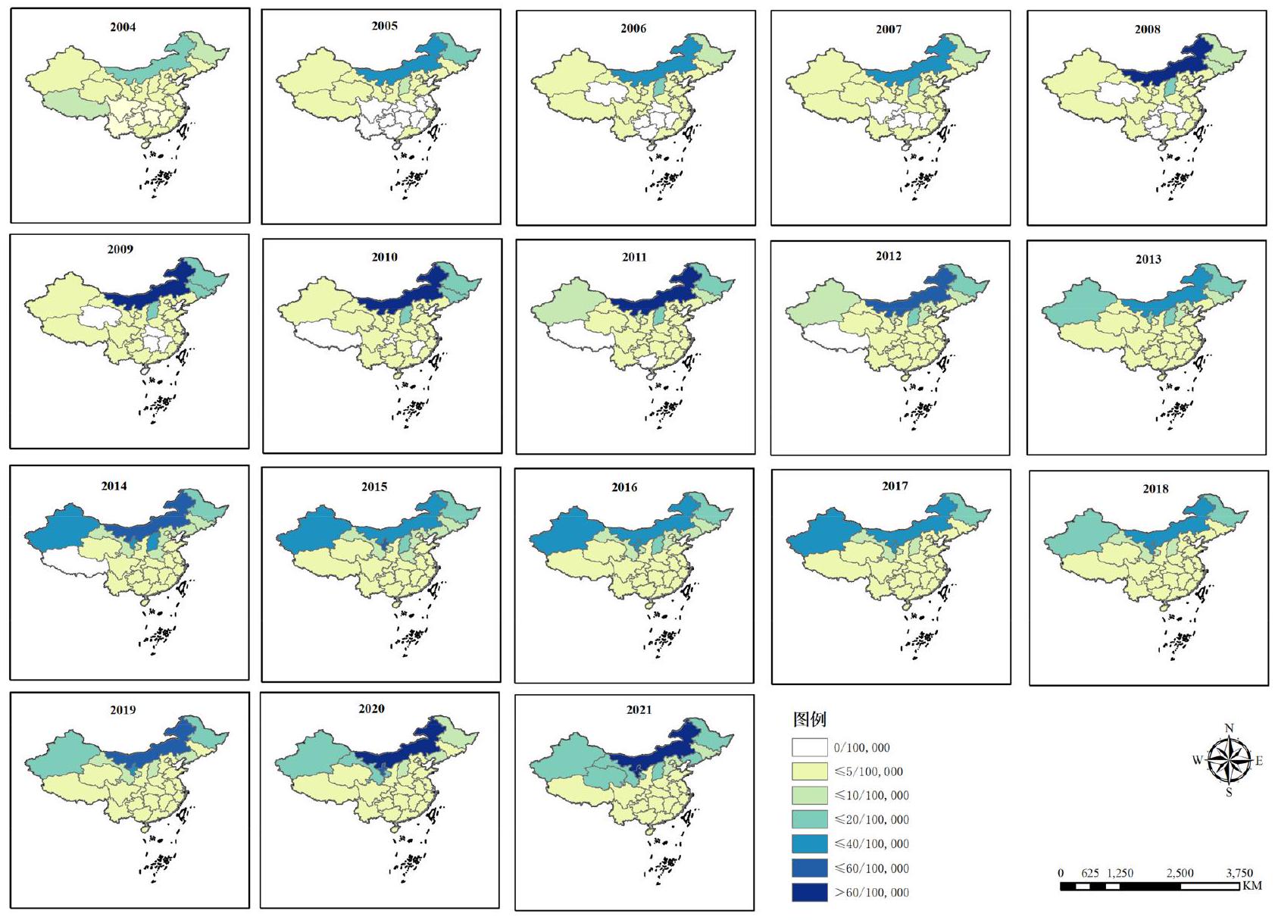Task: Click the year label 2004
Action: click(x=123, y=27)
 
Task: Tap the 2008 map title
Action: click(x=1147, y=30)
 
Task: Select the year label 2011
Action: click(x=634, y=257)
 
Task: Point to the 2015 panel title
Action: click(x=374, y=487)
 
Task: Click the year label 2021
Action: click(x=639, y=710)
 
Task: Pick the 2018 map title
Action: click(x=1155, y=489)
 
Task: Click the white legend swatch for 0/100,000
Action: click(x=809, y=747)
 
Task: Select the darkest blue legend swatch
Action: click(x=809, y=892)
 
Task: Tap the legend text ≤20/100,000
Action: click(x=871, y=819)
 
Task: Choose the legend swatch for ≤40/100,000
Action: click(x=809, y=843)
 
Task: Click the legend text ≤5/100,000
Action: click(x=868, y=771)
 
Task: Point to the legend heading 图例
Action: click(x=809, y=719)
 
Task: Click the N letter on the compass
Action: click(x=1229, y=728)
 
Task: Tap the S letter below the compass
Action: click(x=1229, y=793)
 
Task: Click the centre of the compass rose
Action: click(x=1229, y=761)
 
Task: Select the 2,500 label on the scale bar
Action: click(x=1180, y=873)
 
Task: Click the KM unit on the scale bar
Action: click(x=1252, y=885)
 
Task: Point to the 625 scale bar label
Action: click(x=1090, y=873)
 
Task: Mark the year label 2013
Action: click(x=1148, y=259)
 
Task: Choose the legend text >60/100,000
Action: click(x=871, y=892)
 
